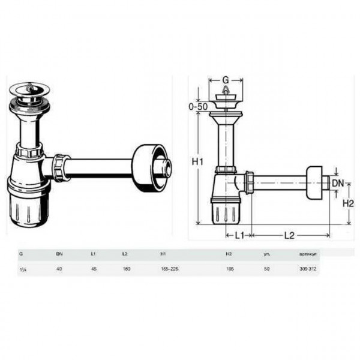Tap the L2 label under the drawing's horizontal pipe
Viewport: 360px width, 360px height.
coord(289,236)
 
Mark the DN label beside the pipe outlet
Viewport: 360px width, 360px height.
coord(339,182)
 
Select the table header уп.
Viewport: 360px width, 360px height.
coord(266,254)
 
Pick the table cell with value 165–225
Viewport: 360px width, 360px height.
coord(170,269)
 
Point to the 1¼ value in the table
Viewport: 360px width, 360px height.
coord(22,269)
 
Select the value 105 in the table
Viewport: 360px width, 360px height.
coord(229,269)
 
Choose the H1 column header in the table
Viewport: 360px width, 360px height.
coord(164,254)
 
